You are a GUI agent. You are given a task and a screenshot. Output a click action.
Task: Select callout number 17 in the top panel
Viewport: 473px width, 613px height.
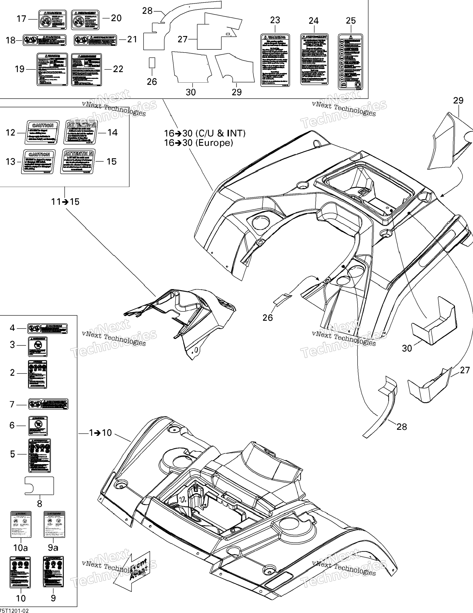pos(21,19)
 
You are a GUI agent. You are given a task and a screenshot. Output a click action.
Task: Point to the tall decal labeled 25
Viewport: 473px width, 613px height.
pos(350,62)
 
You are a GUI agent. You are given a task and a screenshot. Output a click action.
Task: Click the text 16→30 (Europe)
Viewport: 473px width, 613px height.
pos(198,143)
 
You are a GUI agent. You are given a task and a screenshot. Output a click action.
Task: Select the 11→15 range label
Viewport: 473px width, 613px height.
pos(65,202)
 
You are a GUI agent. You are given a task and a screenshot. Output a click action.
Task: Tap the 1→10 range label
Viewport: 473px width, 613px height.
pos(100,433)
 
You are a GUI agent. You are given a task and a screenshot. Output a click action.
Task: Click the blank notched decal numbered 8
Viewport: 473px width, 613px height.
pos(40,486)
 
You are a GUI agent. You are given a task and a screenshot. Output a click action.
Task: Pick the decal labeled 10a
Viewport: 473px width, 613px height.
pos(21,524)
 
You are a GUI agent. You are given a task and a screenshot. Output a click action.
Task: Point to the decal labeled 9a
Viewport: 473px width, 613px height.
pos(54,524)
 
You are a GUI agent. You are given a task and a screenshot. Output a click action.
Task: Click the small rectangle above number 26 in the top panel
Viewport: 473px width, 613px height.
pos(152,63)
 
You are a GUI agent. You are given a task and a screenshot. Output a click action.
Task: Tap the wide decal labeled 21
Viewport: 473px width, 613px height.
pos(95,40)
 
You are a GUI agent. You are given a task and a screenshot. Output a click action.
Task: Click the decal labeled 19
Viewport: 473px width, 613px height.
pos(52,69)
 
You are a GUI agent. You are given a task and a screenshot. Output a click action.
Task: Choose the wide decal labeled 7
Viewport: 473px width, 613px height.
pos(48,404)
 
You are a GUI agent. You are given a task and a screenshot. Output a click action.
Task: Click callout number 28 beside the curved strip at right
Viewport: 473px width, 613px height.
pos(402,427)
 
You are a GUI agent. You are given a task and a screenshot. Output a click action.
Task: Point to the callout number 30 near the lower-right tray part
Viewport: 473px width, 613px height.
pos(407,348)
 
